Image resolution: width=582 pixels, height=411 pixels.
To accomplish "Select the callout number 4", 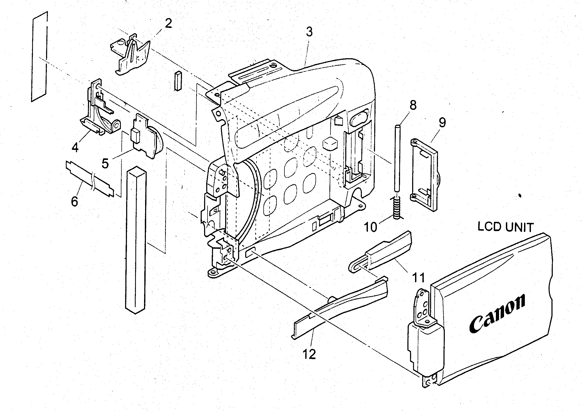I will pos(75,148).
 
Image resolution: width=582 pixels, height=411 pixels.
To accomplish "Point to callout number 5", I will pos(105,163).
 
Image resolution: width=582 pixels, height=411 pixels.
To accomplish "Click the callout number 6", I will pos(75,202).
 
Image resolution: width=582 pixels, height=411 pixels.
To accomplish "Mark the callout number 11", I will pos(418,277).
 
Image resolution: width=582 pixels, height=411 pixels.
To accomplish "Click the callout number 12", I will pos(309,355).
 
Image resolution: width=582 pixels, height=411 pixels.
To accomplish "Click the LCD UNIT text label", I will pos(505,227).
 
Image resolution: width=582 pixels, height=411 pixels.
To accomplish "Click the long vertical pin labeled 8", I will pos(397,158).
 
